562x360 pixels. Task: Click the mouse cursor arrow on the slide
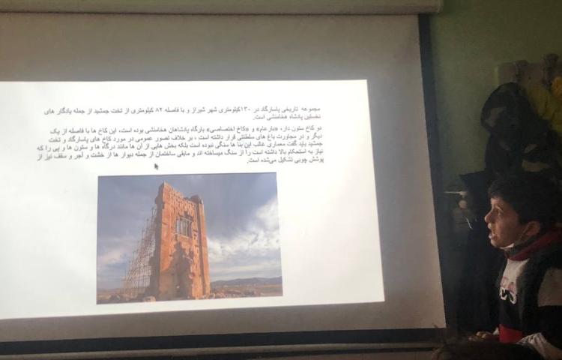156,166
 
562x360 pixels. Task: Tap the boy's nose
487,222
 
